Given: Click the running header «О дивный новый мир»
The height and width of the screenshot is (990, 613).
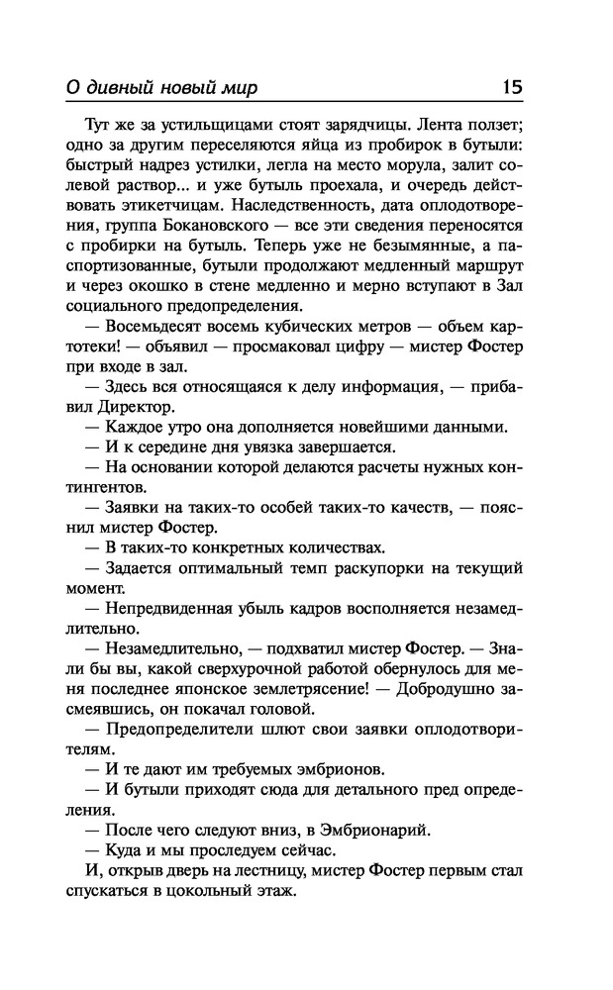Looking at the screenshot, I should (x=159, y=88).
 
